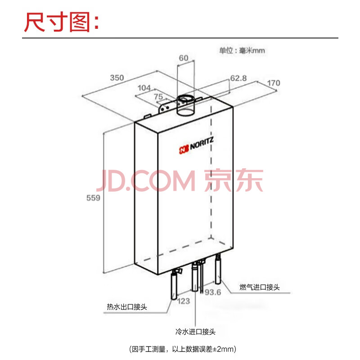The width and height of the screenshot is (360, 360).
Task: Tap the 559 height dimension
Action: [93, 198]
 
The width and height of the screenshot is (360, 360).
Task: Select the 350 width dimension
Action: [117, 77]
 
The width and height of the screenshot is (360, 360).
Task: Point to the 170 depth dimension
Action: [274, 83]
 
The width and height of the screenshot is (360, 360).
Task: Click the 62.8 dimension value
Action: [238, 78]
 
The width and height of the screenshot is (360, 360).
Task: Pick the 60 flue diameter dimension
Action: [184, 58]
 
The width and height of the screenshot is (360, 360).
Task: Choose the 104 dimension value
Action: [144, 88]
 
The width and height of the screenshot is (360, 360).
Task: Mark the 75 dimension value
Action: [158, 97]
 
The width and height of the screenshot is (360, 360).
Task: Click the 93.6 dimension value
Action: [212, 292]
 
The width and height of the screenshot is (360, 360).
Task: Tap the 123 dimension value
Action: [184, 301]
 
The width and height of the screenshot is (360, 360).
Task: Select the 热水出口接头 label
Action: [127, 307]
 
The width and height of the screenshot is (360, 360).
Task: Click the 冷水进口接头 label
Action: [195, 332]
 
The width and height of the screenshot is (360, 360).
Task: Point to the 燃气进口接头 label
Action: [260, 287]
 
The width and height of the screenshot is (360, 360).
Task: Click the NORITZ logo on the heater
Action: [196, 145]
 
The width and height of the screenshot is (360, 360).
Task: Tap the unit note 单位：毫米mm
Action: [242, 50]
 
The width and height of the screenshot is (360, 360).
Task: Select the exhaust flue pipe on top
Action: [185, 106]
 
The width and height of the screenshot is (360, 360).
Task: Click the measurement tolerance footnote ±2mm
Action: [183, 349]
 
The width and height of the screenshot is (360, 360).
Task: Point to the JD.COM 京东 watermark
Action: [180, 180]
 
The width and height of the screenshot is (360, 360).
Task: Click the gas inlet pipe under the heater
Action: [218, 269]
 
